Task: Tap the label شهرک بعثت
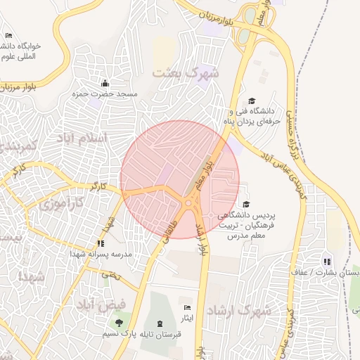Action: (x=186, y=72)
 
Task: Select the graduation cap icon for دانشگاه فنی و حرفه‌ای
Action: (x=252, y=101)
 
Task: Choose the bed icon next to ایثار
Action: (x=186, y=309)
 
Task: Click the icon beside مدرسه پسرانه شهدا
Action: (x=99, y=244)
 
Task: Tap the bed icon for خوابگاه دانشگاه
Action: (x=9, y=36)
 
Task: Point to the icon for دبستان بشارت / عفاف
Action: (x=327, y=262)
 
